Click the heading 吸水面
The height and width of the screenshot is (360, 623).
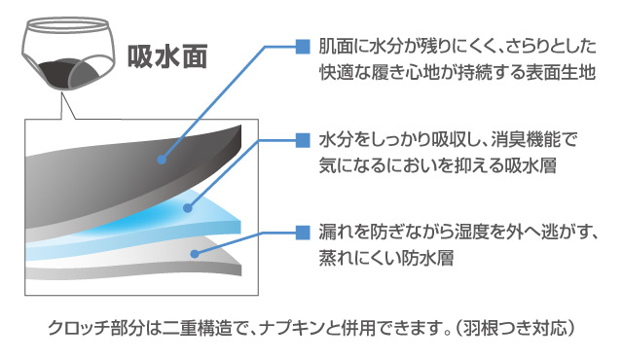pyautogui.click(x=167, y=56)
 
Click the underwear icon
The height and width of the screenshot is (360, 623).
pyautogui.click(x=68, y=54)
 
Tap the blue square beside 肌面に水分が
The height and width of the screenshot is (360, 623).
pyautogui.click(x=303, y=47)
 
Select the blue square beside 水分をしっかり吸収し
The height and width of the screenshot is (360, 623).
pyautogui.click(x=303, y=140)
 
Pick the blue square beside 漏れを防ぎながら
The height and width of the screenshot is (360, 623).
pyautogui.click(x=303, y=233)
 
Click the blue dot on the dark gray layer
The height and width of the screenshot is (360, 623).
pyautogui.click(x=161, y=160)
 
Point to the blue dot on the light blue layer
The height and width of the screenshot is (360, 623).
pyautogui.click(x=188, y=208)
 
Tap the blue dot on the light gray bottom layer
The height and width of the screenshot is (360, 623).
pyautogui.click(x=195, y=254)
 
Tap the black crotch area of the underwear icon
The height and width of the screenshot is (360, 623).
pyautogui.click(x=56, y=72)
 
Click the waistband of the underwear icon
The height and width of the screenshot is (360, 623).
pyautogui.click(x=65, y=24)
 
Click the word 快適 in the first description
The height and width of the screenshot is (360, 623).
pyautogui.click(x=336, y=72)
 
